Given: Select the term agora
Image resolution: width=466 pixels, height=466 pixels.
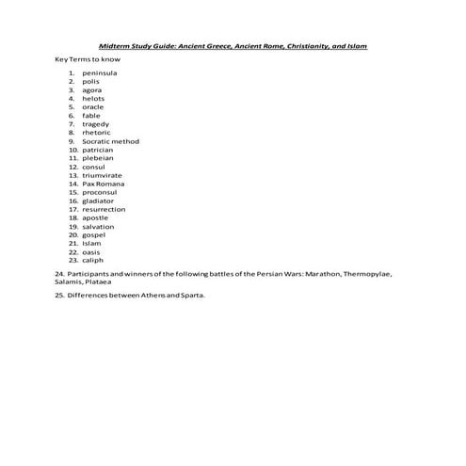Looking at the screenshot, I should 92,89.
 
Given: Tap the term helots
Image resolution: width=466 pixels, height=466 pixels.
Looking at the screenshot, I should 93,98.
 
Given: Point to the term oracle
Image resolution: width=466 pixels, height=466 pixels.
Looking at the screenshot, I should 93,106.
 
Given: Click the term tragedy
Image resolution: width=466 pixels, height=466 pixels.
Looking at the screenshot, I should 95,124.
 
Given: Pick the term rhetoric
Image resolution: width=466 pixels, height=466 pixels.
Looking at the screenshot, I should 96,133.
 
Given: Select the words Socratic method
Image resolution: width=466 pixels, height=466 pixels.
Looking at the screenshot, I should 110,141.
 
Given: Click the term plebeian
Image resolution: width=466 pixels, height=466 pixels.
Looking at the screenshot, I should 97,158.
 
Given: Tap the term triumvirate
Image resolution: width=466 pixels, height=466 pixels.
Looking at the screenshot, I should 102,175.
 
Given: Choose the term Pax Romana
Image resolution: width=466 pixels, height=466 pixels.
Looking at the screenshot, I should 104,184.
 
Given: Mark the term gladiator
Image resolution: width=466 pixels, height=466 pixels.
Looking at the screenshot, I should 98,201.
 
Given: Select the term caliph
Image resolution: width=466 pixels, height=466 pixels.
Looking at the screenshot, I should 93,260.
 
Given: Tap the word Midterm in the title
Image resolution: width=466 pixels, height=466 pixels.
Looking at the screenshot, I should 118,45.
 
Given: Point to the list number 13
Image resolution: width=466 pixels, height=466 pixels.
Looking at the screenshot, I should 72,175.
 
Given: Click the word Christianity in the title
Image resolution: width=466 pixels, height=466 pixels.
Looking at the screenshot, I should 293,45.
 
